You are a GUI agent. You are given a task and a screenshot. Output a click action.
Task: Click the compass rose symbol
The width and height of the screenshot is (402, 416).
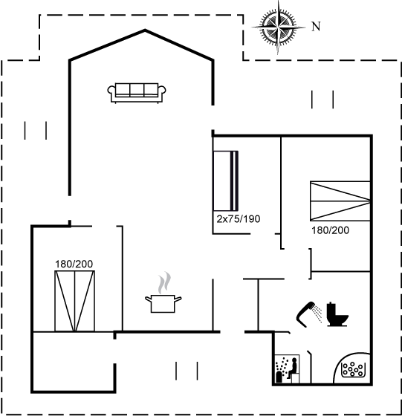pyautogui.click(x=278, y=27)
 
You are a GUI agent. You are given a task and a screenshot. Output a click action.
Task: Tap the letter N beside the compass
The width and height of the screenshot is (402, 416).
pyautogui.click(x=316, y=27)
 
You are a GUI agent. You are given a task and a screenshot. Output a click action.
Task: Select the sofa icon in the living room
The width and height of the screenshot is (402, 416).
pyautogui.click(x=137, y=93)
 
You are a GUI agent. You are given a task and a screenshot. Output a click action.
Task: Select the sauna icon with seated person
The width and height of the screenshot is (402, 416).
pyautogui.click(x=287, y=369)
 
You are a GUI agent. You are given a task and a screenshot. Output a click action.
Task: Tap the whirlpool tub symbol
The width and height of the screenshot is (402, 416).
pyautogui.click(x=352, y=368)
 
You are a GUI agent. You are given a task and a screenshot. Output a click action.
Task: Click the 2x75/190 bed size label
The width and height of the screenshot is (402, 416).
pyautogui.click(x=239, y=219)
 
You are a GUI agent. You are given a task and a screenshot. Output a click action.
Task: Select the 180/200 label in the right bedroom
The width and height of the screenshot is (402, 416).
pyautogui.click(x=330, y=230)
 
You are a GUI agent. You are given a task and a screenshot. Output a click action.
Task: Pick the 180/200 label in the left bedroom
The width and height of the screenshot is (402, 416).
pyautogui.click(x=74, y=264)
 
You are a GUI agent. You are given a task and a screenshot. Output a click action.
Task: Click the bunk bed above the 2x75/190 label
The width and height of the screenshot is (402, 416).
pyautogui.click(x=226, y=181)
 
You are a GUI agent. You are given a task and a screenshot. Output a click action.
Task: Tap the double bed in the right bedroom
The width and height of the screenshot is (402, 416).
pyautogui.click(x=340, y=201)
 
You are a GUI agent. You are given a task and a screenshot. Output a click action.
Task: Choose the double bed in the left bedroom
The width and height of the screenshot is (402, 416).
pyautogui.click(x=74, y=301)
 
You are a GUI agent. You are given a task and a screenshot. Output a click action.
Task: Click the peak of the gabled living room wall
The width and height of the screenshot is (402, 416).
pyautogui.click(x=145, y=30)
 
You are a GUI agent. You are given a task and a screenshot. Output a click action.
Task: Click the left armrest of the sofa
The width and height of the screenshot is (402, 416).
pyautogui.click(x=111, y=91)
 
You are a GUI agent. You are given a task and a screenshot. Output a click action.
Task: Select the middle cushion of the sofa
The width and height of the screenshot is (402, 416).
pyautogui.click(x=137, y=89)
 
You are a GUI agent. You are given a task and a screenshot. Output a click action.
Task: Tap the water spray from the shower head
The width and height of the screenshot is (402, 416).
pyautogui.click(x=317, y=313)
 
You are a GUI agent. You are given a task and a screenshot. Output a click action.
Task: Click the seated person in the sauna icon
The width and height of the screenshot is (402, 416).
pyautogui.click(x=293, y=368)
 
